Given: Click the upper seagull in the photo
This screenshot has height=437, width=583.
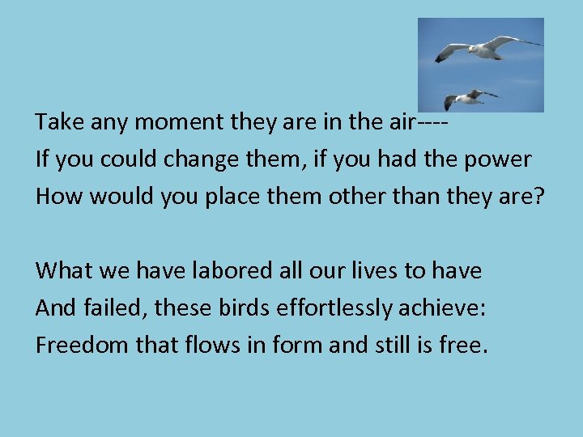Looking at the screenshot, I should [x=486, y=49].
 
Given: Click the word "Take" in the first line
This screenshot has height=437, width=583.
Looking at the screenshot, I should [x=54, y=122].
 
